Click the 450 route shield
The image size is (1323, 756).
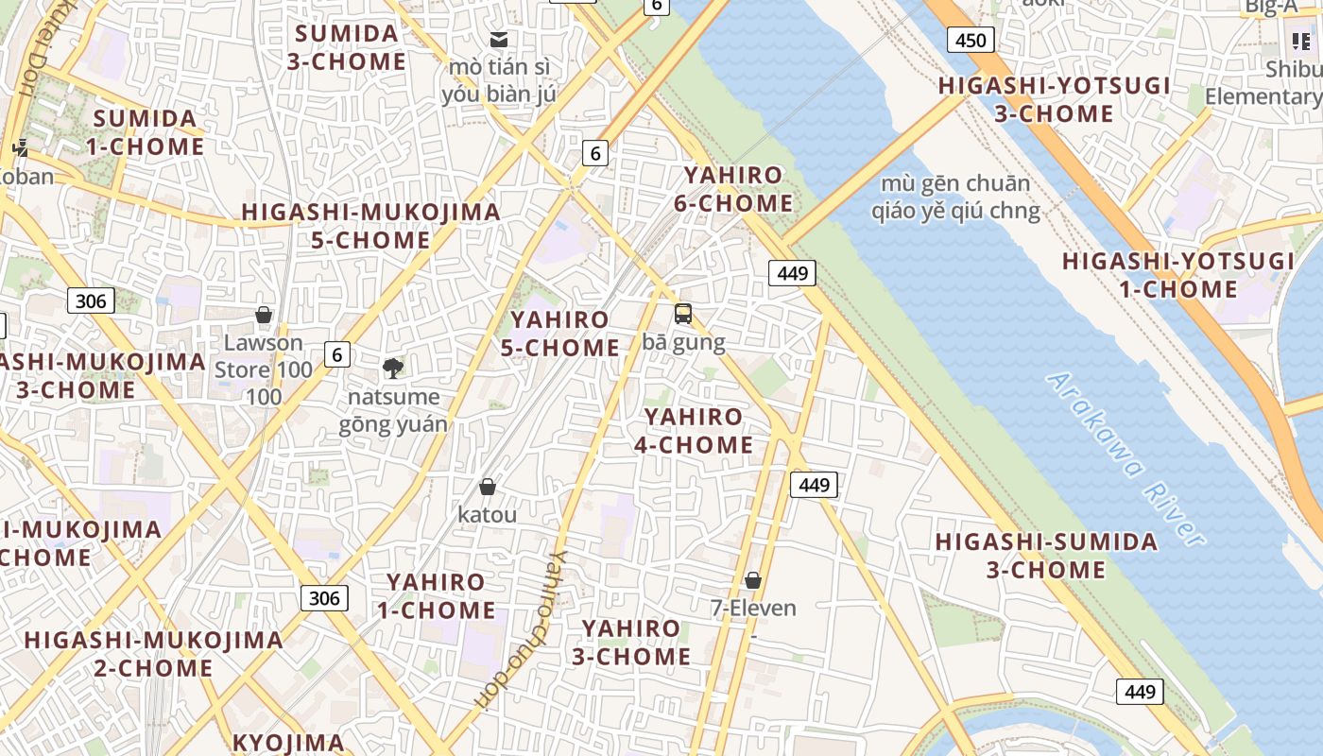pos(970,40)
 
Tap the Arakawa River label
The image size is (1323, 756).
pos(1125,459)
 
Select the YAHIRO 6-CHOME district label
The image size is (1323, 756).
pos(733,189)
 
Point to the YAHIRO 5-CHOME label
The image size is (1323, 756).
pos(560,334)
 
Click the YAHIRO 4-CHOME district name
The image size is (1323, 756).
pos(694,431)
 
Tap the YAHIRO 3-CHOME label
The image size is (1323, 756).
pos(631,642)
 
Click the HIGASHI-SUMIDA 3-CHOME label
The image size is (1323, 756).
pos(1046,556)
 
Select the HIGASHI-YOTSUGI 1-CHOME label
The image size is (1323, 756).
pos(1178,275)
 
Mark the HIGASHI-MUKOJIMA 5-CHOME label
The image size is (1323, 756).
pos(370,226)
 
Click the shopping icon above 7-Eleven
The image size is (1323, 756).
pos(753,580)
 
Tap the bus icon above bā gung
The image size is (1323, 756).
pos(683,314)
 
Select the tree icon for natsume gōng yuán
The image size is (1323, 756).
pos(393,369)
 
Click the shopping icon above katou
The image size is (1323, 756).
pos(488,487)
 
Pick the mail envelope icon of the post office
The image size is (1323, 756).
pos(499,40)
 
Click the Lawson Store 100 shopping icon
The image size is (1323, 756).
pos(264,315)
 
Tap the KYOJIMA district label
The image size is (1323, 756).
pos(288,743)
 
